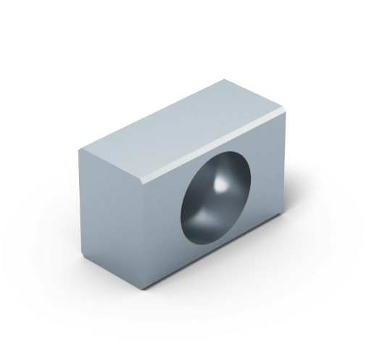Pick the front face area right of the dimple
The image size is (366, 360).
(x=268, y=174)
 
